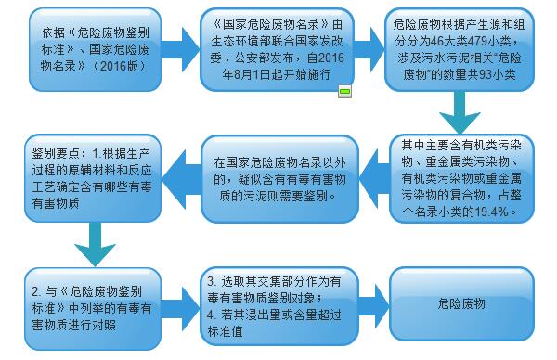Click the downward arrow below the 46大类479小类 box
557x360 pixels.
(x=454, y=117)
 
